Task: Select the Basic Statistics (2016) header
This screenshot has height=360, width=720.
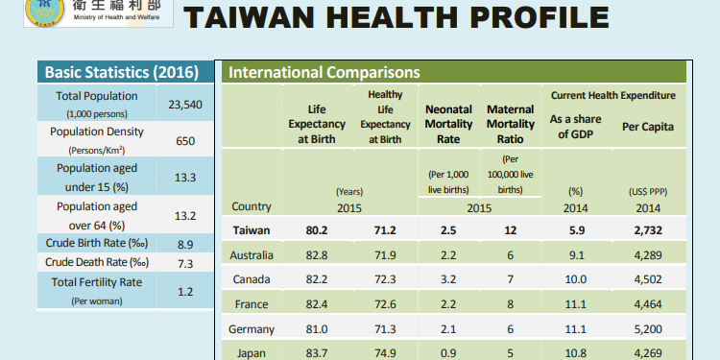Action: coord(121,73)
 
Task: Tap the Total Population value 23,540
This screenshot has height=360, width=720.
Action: coord(185,105)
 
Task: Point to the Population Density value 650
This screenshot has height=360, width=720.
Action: coord(185,141)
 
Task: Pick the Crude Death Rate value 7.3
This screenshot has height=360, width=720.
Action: coord(185,263)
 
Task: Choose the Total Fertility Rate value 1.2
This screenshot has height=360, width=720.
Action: coord(185,291)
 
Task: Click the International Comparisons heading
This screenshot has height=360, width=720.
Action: coord(324,73)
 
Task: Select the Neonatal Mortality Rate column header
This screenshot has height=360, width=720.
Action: coord(446,125)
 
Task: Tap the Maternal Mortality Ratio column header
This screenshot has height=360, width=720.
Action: coord(511,125)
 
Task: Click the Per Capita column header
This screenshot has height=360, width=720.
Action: coord(647,127)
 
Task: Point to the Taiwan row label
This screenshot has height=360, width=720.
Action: coord(252,230)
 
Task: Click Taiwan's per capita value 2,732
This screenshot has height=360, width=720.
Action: coord(647,230)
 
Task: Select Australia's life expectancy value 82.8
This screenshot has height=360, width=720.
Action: coord(316,255)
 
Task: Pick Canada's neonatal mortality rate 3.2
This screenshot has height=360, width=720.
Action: coord(446,280)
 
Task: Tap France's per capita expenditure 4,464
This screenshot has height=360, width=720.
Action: coord(647,305)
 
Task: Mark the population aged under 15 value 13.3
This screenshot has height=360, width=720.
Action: coord(185,178)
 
